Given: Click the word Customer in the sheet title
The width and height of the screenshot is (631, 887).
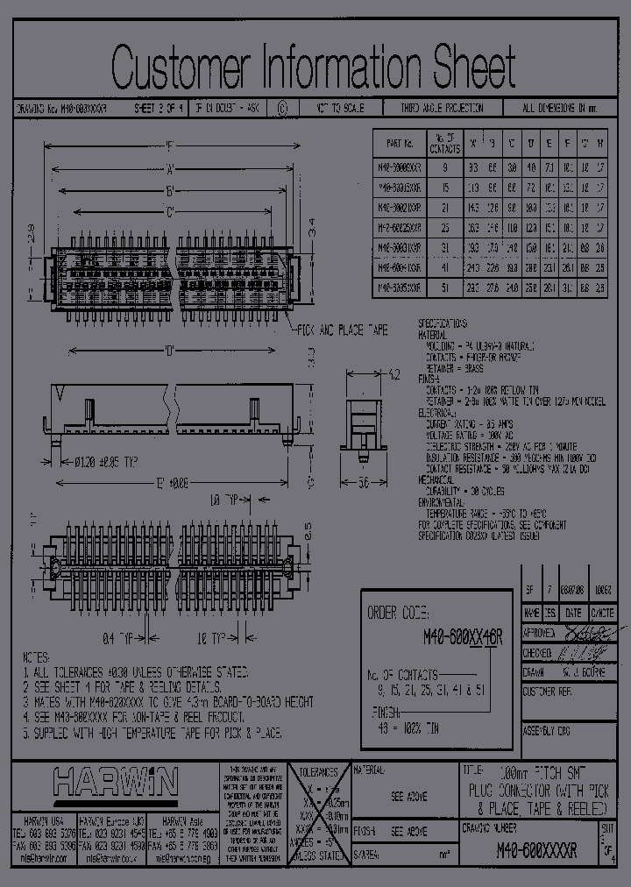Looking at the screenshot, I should point(180,67).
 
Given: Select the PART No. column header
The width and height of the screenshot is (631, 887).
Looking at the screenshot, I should point(399,143).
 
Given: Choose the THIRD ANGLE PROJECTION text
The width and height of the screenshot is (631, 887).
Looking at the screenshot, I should point(443,110).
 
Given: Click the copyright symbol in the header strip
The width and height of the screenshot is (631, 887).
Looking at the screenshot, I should point(281,110).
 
